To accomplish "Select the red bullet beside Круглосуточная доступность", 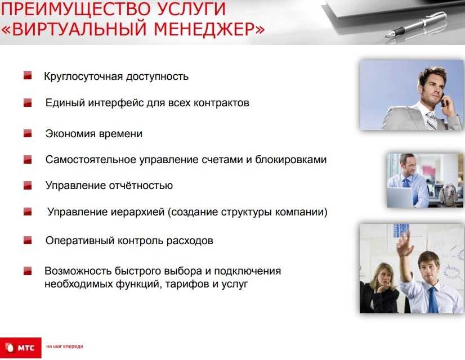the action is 28,75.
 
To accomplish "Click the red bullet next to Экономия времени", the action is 28,133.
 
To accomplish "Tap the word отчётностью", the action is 141,186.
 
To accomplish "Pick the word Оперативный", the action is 80,241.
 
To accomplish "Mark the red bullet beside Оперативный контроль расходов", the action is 28,240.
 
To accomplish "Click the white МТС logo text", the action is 26,348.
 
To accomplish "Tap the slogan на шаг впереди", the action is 65,346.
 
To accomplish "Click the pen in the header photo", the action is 415,25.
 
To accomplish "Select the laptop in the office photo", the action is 400,197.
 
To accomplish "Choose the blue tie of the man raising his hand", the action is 433,300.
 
